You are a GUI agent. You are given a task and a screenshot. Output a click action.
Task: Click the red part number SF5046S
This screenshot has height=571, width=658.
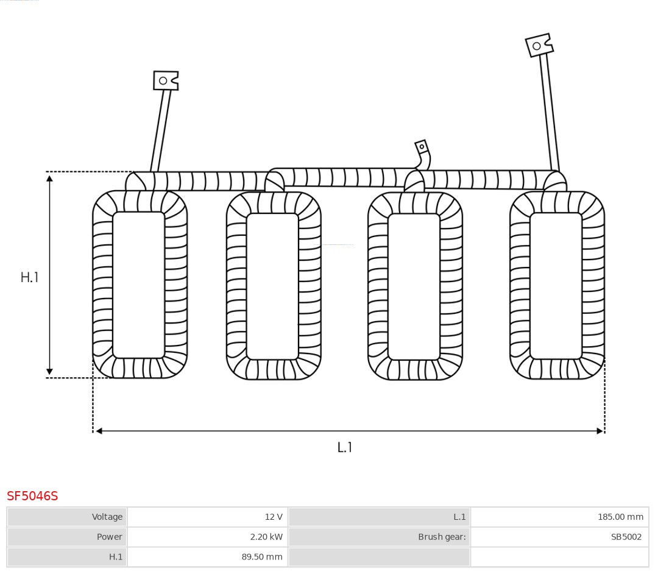tap(32, 496)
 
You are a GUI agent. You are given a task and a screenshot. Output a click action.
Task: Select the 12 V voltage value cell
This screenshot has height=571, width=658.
tap(207, 517)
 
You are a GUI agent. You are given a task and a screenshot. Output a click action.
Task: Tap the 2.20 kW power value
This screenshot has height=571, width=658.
tap(266, 537)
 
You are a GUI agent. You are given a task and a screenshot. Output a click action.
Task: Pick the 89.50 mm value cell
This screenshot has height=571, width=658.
tap(207, 557)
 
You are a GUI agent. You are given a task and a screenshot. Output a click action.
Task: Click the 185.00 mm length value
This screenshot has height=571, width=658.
tap(620, 517)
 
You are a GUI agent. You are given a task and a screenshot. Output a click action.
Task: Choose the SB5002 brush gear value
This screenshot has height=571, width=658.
tap(626, 537)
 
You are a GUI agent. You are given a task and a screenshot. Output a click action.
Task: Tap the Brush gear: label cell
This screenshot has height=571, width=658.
tap(380, 537)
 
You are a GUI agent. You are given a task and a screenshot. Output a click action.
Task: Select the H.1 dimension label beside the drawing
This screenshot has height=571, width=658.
tap(30, 277)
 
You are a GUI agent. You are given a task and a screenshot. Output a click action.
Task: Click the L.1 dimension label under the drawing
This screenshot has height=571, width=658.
tap(344, 447)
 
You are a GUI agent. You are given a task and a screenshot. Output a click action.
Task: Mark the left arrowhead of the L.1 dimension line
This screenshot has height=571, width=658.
tap(99, 431)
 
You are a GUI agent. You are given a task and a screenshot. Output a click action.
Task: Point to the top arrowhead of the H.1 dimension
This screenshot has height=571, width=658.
tap(49, 179)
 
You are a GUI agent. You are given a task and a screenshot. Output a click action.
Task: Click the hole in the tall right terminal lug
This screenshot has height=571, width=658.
tap(536, 46)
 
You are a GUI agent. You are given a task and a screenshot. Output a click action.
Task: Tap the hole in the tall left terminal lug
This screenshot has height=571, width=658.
tap(163, 80)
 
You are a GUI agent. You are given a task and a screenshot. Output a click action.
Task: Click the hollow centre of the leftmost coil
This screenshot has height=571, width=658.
tap(138, 285)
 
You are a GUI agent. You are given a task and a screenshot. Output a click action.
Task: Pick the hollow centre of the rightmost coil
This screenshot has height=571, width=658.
tap(556, 285)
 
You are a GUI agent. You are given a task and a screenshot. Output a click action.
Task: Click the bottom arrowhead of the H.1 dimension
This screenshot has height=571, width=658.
tap(49, 371)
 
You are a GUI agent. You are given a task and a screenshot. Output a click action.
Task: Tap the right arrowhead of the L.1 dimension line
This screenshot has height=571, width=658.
tap(600, 431)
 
